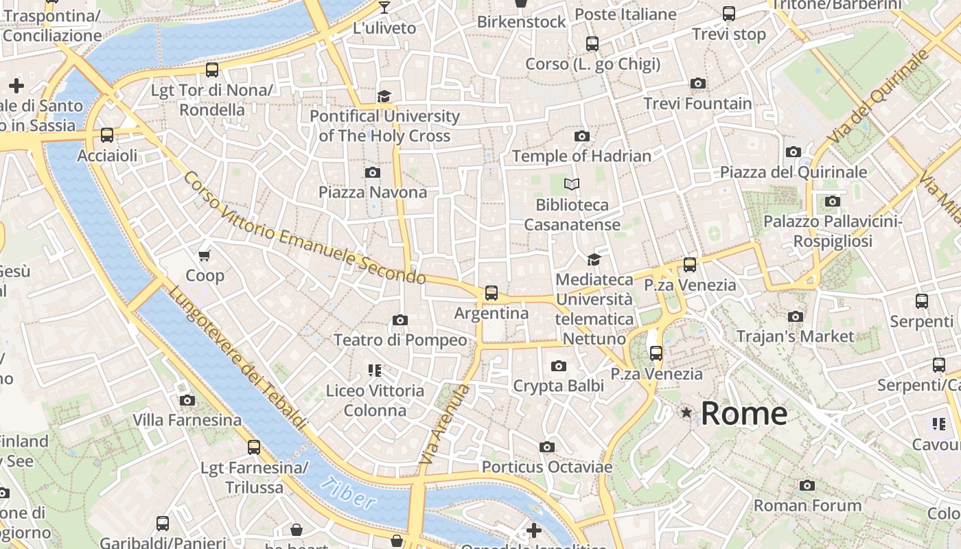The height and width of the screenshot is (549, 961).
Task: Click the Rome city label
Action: tap(744, 413)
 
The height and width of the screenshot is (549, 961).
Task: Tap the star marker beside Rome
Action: tap(686, 412)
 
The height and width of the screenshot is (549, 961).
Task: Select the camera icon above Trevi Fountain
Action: tap(698, 84)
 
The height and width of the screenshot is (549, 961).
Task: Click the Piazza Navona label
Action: tap(373, 192)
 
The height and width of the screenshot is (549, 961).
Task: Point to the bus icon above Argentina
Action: tap(491, 293)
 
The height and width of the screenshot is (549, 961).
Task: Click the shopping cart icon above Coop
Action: tap(204, 256)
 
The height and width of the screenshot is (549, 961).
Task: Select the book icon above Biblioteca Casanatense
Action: tap(572, 184)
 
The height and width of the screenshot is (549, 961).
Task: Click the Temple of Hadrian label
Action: tap(581, 156)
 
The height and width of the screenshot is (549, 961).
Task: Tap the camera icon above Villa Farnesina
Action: tap(187, 400)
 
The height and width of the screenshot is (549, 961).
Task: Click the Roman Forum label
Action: tap(807, 506)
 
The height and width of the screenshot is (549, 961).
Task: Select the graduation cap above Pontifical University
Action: tap(384, 96)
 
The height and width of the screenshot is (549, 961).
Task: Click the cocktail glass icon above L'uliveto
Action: tap(384, 8)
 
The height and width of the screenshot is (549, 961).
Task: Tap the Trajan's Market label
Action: tap(795, 336)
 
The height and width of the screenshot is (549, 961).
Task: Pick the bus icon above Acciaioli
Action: tap(107, 135)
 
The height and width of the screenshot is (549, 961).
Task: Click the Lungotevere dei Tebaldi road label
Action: tap(237, 357)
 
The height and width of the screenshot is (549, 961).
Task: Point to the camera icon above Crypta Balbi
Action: tap(559, 366)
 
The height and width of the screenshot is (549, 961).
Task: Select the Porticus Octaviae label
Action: tap(547, 467)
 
